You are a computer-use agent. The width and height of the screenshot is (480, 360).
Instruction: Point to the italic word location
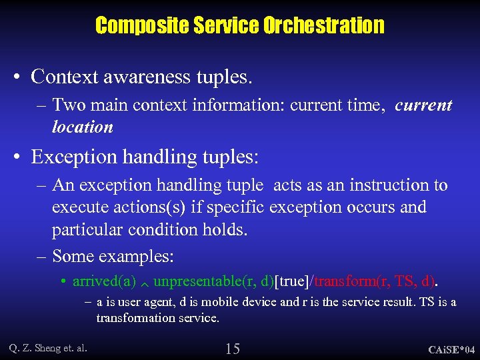tap(83, 127)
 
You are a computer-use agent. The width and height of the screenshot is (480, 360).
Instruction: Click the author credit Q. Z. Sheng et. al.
tap(48, 347)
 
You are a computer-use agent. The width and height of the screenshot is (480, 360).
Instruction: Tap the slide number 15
tap(233, 348)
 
